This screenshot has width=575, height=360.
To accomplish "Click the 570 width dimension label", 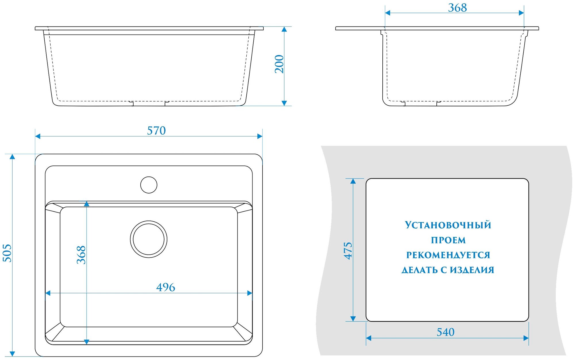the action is click(156, 131).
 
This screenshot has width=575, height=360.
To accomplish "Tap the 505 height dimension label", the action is click(7, 253).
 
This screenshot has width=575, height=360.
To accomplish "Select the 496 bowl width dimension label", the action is click(166, 287).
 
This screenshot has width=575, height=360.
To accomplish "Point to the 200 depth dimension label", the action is click(279, 64).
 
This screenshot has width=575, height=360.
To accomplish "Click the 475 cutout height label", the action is click(348, 250).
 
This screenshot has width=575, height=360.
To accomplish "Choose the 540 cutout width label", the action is click(445, 332).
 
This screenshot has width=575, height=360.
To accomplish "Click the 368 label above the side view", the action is click(457, 8).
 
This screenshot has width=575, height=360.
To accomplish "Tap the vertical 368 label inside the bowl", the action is click(81, 255).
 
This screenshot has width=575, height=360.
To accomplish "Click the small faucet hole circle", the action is click(149, 185).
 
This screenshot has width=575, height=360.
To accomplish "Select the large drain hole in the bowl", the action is click(149, 239).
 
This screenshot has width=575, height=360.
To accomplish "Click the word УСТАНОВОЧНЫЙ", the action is click(448, 225).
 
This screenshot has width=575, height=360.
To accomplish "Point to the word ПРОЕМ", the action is click(448, 240).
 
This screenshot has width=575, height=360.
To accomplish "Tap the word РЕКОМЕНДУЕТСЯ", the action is click(448, 255).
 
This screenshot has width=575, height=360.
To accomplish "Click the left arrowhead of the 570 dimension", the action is click(38, 136).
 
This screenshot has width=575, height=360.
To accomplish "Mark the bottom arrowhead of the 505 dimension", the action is click(12, 354).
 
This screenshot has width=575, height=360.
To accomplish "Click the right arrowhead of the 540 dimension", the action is click(526, 338).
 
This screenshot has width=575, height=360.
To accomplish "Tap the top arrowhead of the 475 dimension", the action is click(353, 181).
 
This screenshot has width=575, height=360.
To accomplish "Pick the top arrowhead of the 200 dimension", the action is click(284, 29).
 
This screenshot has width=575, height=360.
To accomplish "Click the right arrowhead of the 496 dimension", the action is click(250, 293).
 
